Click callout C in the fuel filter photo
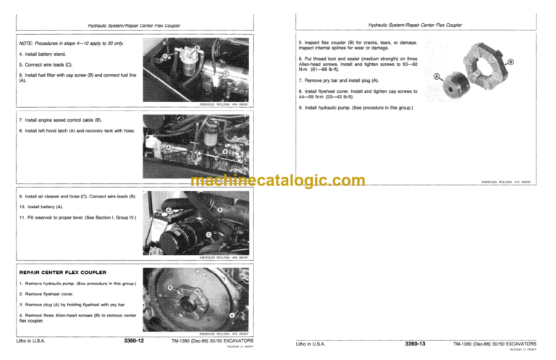coord(226,73)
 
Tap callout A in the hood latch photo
coord(168,147)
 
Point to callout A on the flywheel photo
coord(231,317)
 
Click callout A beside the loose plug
coord(437,76)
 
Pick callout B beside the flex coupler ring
coord(511,62)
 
